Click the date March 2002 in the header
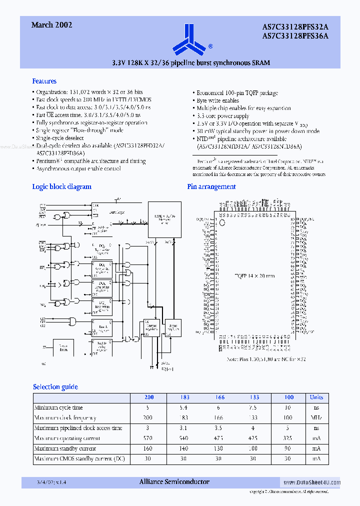51,24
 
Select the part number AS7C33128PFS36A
295,35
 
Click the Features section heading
44,81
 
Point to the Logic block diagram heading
61,186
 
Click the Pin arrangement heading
211,186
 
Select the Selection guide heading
55,386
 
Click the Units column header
316,397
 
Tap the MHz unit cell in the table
316,417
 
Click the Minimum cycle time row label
58,407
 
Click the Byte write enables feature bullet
217,100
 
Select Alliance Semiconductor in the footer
173,482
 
